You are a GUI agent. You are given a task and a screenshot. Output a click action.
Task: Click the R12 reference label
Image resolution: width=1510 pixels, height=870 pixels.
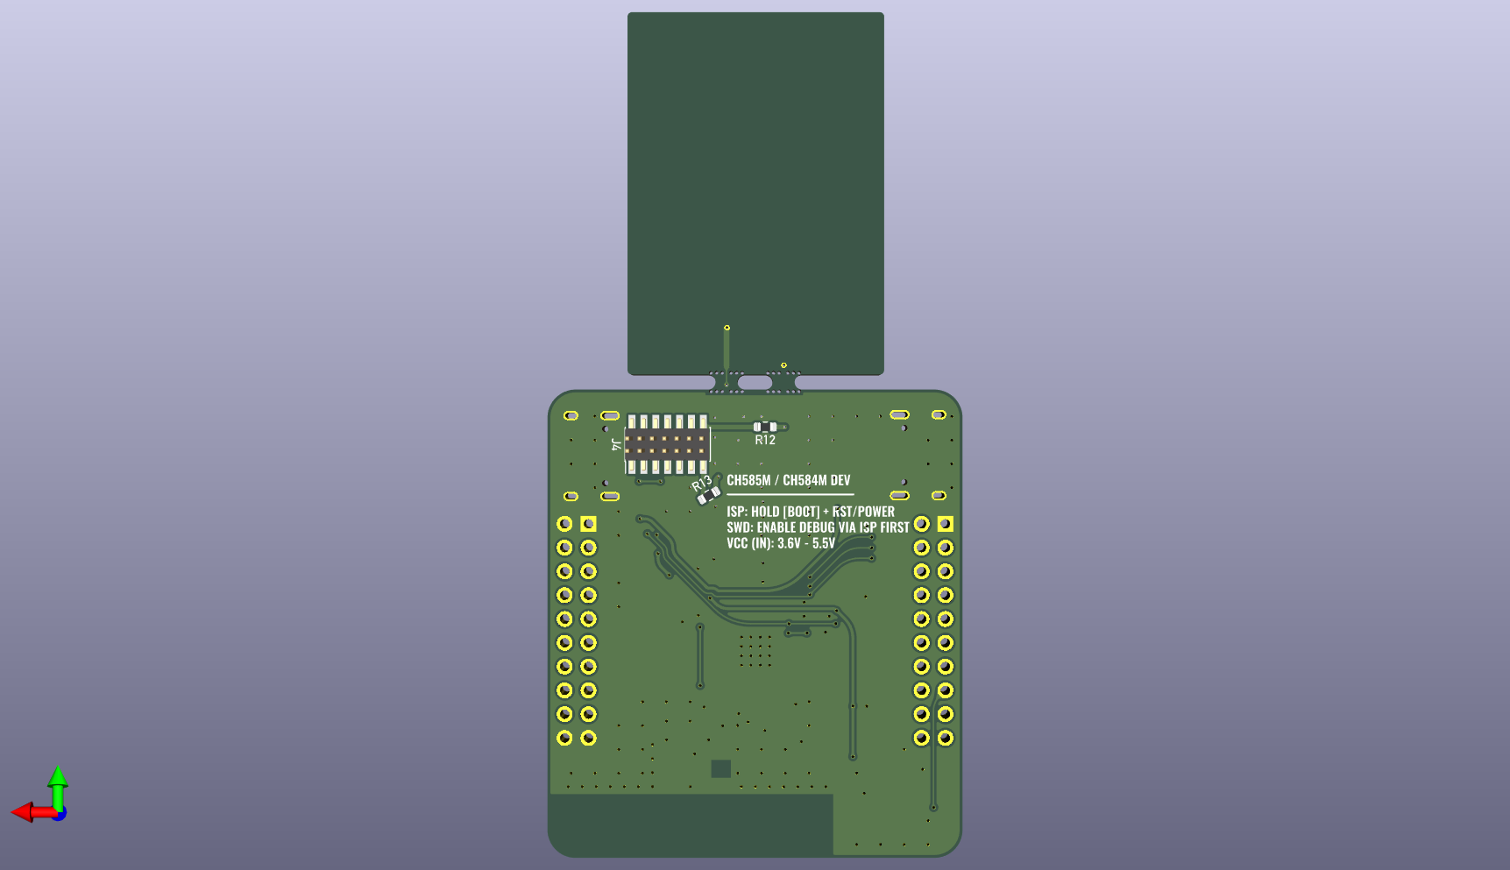click(765, 440)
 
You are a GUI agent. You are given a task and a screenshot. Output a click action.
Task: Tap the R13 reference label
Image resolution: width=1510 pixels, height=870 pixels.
click(701, 484)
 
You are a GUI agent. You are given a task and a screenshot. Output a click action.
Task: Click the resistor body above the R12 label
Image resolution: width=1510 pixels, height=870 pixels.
click(765, 427)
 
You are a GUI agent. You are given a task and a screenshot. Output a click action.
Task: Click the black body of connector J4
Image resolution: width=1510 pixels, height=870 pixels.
click(666, 444)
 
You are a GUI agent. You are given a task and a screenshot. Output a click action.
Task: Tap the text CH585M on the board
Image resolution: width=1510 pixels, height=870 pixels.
click(748, 480)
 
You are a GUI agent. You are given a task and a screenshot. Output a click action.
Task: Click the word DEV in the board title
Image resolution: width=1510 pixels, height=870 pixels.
click(840, 480)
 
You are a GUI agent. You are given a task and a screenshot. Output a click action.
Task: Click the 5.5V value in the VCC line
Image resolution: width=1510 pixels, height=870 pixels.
click(824, 543)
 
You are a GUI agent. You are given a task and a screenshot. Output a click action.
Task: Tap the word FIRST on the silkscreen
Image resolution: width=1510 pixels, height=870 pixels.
click(895, 527)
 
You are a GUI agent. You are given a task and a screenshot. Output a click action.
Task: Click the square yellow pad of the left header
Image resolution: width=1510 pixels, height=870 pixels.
click(588, 524)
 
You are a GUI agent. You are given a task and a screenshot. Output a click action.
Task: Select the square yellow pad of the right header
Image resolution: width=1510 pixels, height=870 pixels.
click(945, 524)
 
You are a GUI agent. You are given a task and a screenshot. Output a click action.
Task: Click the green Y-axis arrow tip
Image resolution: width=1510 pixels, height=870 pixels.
click(58, 774)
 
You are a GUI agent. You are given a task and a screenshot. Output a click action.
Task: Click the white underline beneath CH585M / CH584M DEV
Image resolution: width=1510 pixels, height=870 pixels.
click(790, 495)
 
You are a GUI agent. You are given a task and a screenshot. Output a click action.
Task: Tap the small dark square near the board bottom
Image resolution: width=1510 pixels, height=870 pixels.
click(720, 768)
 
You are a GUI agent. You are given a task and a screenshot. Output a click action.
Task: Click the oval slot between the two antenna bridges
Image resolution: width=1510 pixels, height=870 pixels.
click(755, 383)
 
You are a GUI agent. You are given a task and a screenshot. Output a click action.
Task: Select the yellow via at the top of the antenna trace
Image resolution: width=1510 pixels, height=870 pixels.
click(727, 328)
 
